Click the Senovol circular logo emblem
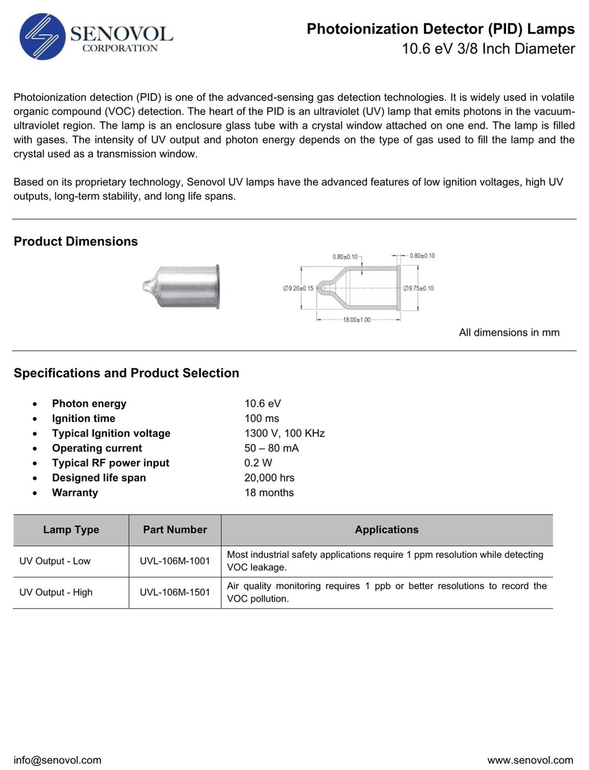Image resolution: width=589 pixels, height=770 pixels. point(44,37)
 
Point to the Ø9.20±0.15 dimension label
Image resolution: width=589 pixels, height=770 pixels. point(298,288)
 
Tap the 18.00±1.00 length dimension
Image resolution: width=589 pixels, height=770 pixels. point(356,320)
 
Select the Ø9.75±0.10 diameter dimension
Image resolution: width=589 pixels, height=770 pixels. point(418,288)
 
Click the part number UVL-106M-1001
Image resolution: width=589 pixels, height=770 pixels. point(175,561)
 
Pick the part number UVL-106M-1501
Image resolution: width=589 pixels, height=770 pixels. point(175,593)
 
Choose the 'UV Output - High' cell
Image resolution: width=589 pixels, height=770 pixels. point(55,593)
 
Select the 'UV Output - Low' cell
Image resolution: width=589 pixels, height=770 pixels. point(55,561)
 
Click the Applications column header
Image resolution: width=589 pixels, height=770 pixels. point(386,530)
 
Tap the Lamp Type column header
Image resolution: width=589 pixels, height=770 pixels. point(71,530)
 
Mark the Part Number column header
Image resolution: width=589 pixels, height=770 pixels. point(175,530)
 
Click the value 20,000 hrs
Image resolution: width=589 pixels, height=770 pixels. point(269,477)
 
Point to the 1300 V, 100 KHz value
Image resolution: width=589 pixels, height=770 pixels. point(284,433)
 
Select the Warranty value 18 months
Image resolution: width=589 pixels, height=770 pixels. point(269,493)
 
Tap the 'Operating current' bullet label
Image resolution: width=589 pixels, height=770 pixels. point(97,448)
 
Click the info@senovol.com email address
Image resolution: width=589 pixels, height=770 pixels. point(58,760)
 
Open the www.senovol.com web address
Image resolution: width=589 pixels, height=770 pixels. point(530,760)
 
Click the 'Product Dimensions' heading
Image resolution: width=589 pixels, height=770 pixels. point(75,241)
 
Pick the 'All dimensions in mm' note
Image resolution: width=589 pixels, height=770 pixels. point(509,332)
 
